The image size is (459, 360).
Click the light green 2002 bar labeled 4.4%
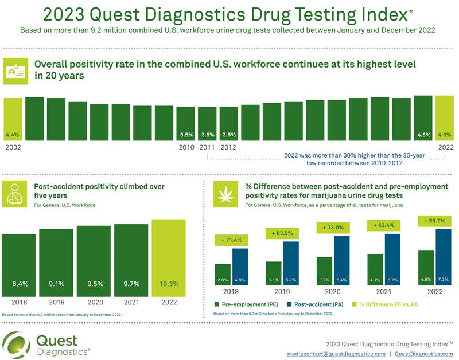(x=13, y=119)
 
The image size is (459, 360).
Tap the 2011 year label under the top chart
(x=207, y=147)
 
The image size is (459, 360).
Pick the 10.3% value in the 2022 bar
(x=169, y=283)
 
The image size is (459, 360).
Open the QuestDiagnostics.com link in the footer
(x=423, y=355)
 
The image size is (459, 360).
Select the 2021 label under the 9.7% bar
(x=131, y=302)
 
